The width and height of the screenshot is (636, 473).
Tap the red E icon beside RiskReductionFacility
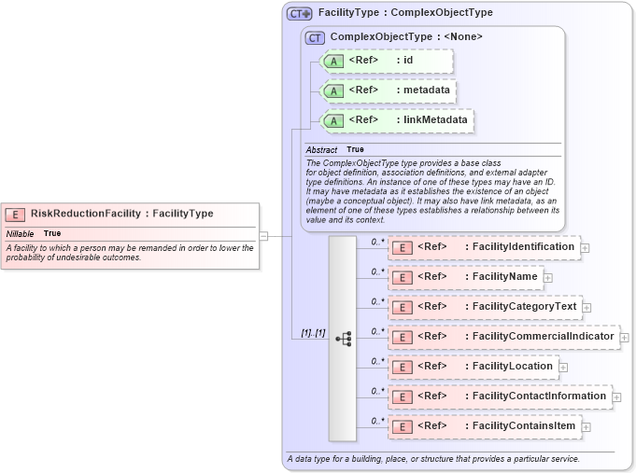coord(16,214)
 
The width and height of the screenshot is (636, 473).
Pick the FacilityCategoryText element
coord(485,307)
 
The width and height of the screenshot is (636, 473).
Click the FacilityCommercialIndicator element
coord(503,337)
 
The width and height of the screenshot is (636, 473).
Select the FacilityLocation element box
coord(473,367)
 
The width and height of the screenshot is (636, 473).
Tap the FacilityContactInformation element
coord(500,396)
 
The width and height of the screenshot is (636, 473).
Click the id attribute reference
coord(387,61)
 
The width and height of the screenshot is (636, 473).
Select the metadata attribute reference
coord(389,90)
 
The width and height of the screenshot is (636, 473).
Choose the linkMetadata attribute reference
coord(397,120)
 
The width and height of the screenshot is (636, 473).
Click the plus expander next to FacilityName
coord(548,278)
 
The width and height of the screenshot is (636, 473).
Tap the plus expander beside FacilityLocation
coord(564,368)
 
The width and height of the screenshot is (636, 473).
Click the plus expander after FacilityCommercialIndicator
coord(625,338)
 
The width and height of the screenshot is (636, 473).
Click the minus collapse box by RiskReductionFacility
coord(263,236)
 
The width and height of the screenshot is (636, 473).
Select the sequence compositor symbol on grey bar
coord(343,339)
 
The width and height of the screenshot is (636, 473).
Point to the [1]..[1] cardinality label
coord(313,333)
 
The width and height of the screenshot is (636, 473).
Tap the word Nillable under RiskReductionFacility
coord(21,233)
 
